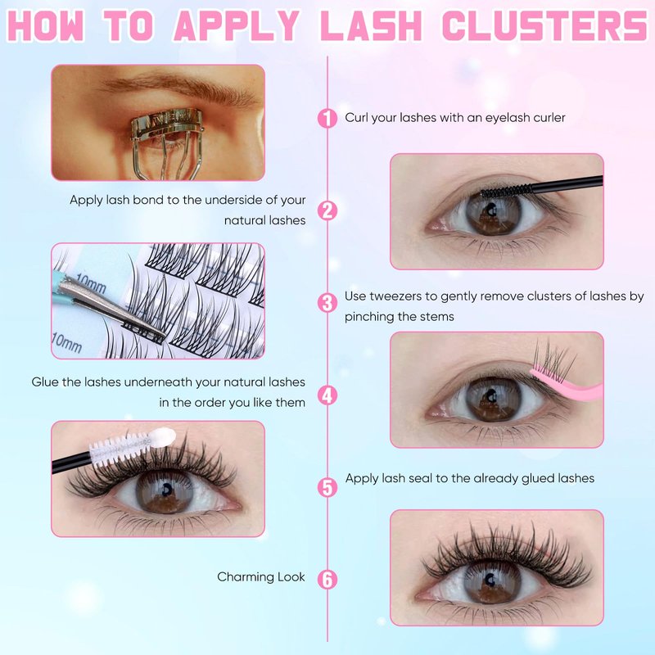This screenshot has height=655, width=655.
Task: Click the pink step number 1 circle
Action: tap(327, 118)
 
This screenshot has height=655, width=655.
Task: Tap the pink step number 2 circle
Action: tap(327, 210)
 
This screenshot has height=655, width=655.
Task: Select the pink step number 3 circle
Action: tap(327, 303)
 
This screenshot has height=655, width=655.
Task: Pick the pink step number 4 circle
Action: tap(327, 395)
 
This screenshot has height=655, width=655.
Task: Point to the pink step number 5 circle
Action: tap(327, 487)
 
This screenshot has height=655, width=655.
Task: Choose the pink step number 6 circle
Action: tap(327, 580)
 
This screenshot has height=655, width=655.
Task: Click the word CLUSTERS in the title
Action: tap(544, 26)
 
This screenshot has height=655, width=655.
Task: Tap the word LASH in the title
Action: tap(373, 26)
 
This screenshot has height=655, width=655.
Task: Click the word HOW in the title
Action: tap(46, 26)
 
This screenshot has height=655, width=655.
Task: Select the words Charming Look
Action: tap(261, 577)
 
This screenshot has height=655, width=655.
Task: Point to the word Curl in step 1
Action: tap(356, 117)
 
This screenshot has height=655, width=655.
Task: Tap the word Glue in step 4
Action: tap(45, 382)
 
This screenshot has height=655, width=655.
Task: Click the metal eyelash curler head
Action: tap(167, 124)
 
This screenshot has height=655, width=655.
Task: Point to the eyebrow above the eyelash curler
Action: tap(179, 87)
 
